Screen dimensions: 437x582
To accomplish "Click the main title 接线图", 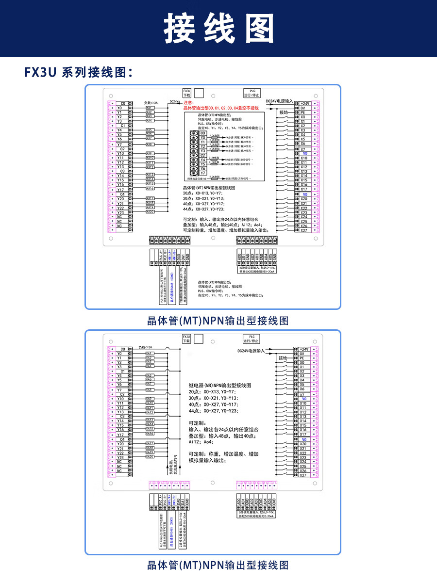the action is (x=218, y=28).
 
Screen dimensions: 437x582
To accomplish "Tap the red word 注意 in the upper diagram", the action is (x=188, y=103).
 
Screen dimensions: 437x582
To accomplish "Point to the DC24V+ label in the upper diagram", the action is (x=175, y=101).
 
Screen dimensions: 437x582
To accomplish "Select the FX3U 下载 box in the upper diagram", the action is (x=186, y=93).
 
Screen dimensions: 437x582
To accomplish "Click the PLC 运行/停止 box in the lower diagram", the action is (x=252, y=339).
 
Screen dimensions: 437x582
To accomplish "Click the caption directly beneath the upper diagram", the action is (x=218, y=321).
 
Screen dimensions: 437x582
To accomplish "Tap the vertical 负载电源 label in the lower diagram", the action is (x=171, y=464).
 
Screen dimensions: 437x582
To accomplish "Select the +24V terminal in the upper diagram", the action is (x=304, y=104).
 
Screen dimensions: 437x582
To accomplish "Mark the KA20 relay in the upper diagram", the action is (x=150, y=211).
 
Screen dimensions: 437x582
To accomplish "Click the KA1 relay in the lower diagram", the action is (x=150, y=354).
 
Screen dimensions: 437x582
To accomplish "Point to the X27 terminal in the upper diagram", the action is (x=303, y=230).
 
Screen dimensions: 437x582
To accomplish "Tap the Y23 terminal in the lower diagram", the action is (x=120, y=457).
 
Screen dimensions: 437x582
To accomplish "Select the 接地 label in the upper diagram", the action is (x=283, y=112).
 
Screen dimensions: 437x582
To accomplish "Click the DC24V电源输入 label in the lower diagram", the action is (x=251, y=350).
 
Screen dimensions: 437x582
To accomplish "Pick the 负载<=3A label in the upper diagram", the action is (x=151, y=102).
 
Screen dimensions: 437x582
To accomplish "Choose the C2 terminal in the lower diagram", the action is (x=122, y=394).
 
